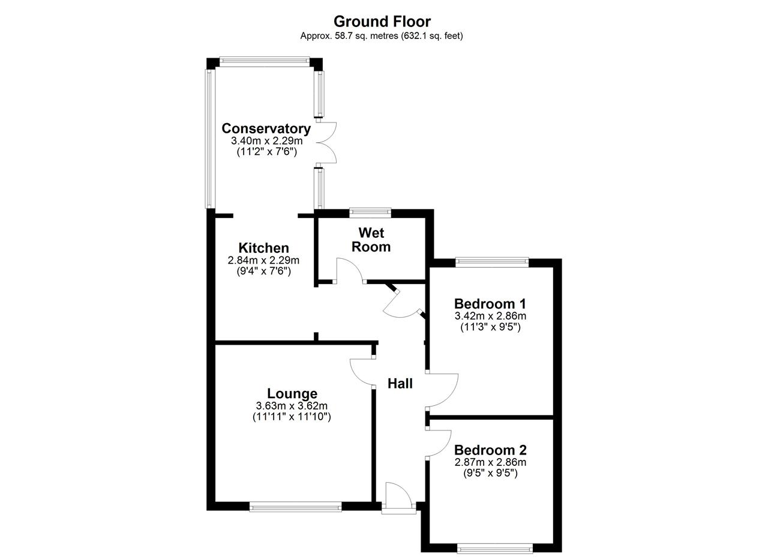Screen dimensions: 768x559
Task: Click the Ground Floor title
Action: point(382,22)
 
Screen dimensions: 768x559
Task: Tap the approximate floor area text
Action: point(382,35)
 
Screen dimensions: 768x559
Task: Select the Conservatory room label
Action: point(266,128)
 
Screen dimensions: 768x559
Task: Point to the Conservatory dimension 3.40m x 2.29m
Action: point(267,141)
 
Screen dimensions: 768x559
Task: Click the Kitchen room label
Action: point(263,248)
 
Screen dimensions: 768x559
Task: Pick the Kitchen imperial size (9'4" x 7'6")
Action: point(263,271)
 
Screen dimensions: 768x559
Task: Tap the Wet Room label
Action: point(371,240)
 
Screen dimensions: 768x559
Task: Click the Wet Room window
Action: point(370,213)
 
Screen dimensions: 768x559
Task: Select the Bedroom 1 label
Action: point(490,304)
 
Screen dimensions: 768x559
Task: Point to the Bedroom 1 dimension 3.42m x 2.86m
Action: point(490,316)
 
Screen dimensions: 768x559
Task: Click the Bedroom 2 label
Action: point(490,450)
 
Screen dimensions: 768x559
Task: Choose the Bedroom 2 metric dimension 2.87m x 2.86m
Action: point(490,462)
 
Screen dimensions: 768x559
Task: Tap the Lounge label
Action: point(292,394)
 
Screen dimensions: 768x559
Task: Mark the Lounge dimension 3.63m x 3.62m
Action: point(292,406)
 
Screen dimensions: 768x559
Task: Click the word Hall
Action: point(400,384)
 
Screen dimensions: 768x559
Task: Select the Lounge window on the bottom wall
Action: point(296,507)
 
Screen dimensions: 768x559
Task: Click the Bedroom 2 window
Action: point(495,548)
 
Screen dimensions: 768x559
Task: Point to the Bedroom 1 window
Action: point(492,262)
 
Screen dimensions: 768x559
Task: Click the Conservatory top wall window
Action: point(265,62)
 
